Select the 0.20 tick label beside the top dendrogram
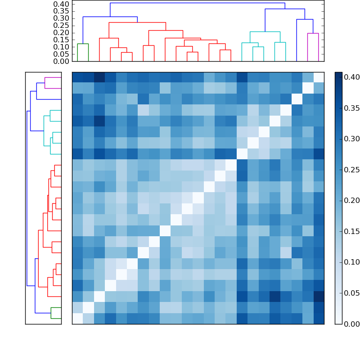point(61,32)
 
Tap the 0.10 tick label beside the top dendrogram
point(61,47)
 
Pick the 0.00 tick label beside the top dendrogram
point(61,61)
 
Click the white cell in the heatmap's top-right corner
point(319,77)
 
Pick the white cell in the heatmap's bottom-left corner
point(77,319)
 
